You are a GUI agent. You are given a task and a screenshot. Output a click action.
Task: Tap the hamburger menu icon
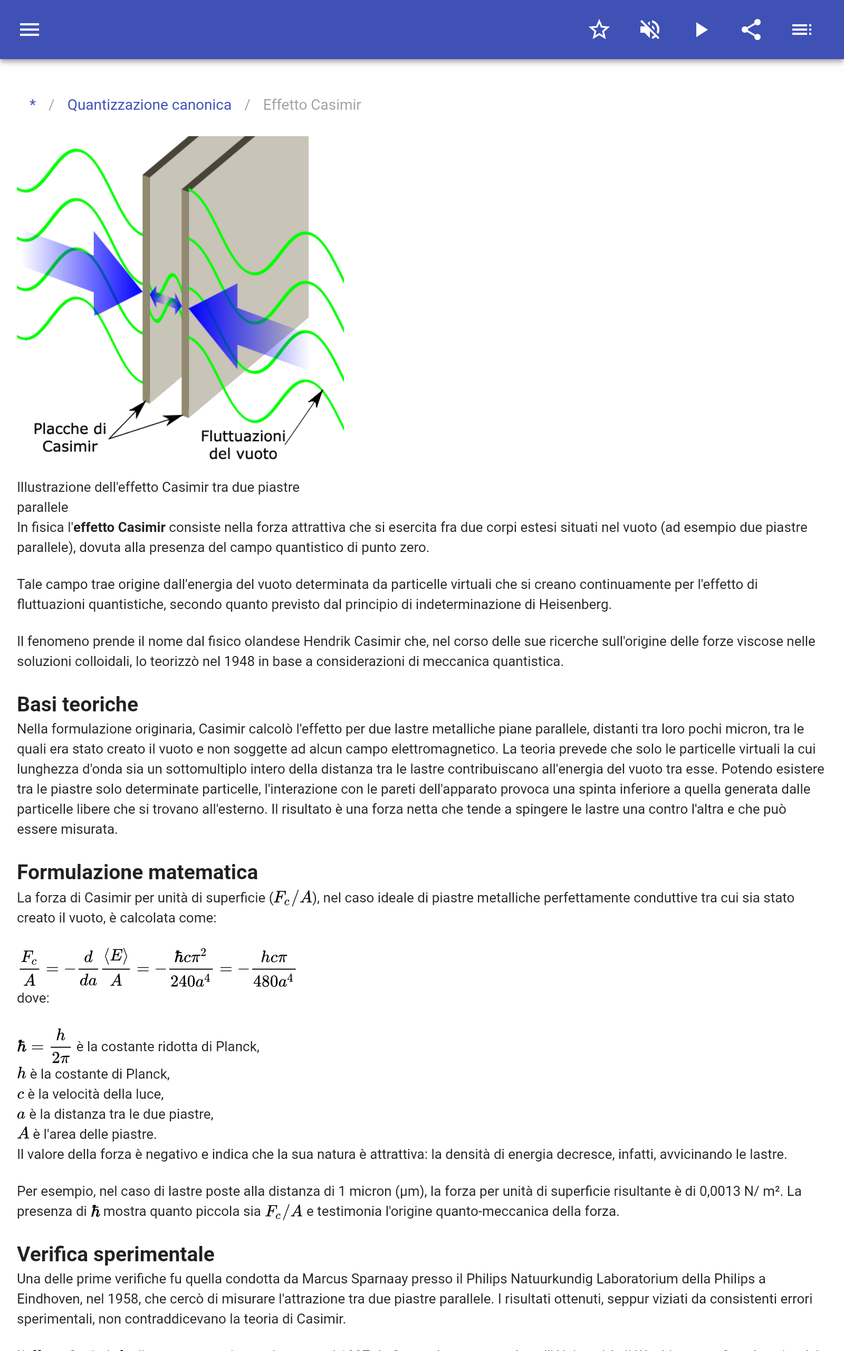[x=30, y=30]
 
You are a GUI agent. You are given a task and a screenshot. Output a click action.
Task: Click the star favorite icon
[x=599, y=30]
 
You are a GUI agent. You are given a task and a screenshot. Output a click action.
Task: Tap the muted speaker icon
[x=650, y=30]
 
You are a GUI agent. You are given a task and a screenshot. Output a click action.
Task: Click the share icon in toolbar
[x=751, y=30]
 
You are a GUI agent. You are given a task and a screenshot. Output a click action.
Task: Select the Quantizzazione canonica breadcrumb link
[x=149, y=105]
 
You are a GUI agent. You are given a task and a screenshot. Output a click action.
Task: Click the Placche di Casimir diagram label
[x=70, y=437]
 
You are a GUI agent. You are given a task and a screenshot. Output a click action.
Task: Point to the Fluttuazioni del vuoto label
[x=243, y=445]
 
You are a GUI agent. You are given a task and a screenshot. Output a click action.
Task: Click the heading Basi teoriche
[x=78, y=705]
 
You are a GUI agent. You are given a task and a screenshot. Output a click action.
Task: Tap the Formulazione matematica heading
[x=137, y=872]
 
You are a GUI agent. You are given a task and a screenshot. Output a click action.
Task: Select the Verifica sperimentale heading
[x=116, y=1254]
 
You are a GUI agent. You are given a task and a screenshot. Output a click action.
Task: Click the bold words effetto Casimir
[x=119, y=528]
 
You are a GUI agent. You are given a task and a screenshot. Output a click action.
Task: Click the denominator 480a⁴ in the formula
[x=273, y=982]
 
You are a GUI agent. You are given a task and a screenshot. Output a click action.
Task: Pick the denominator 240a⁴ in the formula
[x=190, y=982]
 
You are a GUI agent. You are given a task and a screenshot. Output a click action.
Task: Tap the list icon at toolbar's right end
[x=802, y=30]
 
